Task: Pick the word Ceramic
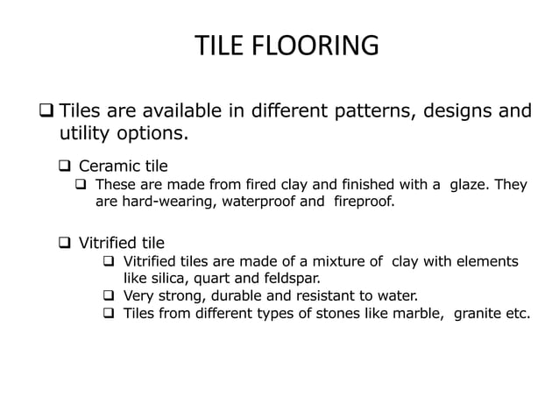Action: (x=108, y=167)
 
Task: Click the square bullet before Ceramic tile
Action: (x=64, y=167)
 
